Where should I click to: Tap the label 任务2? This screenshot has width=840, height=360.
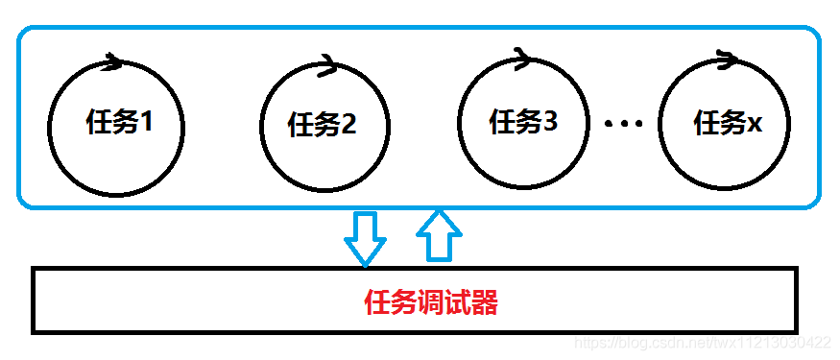323,125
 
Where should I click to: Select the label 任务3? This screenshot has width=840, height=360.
523,122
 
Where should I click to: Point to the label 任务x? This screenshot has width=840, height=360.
727,123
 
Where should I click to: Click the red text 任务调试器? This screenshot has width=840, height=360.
431,304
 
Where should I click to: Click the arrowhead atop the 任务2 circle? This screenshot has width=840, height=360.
324,66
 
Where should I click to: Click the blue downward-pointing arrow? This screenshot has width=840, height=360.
365,236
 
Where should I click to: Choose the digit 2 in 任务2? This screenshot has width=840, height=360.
348,125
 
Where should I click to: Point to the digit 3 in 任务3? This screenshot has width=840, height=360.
550,122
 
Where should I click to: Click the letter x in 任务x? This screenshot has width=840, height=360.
755,125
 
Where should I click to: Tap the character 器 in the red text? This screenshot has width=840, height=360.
485,304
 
